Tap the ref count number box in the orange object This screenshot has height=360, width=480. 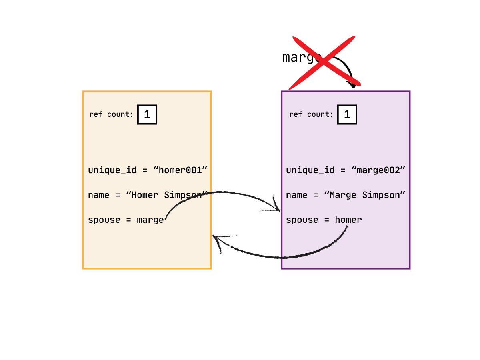point(147,115)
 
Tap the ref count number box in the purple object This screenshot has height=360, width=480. point(347,115)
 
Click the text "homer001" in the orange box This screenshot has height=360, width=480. point(180,170)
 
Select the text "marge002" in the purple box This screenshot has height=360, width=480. point(378,170)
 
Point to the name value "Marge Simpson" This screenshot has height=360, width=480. point(365,195)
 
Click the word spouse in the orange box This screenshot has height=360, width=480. point(104,220)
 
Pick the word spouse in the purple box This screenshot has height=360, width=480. point(302,220)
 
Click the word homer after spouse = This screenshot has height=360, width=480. point(348,220)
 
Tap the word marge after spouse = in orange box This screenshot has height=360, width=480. point(150,220)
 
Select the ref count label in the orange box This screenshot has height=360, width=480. point(111,115)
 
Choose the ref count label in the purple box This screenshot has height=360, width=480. point(311,115)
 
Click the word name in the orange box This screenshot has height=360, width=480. point(98,195)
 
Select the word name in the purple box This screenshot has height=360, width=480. point(296,195)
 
